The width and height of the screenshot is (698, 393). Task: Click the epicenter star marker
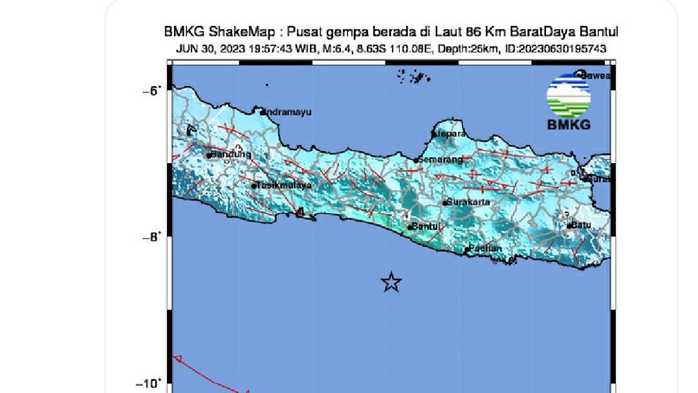coord(391,282)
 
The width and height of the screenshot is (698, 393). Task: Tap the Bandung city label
coord(230,155)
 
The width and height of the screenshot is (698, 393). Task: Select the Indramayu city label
coord(287,112)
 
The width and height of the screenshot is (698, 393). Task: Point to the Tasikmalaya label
coord(284,185)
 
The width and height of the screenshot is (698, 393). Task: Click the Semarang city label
coord(441,159)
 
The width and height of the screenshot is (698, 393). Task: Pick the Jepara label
coord(451,133)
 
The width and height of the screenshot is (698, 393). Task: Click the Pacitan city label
coord(485,248)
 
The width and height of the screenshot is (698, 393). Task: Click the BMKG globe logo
coord(569,95)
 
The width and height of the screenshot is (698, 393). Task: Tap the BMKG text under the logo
coord(569,125)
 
